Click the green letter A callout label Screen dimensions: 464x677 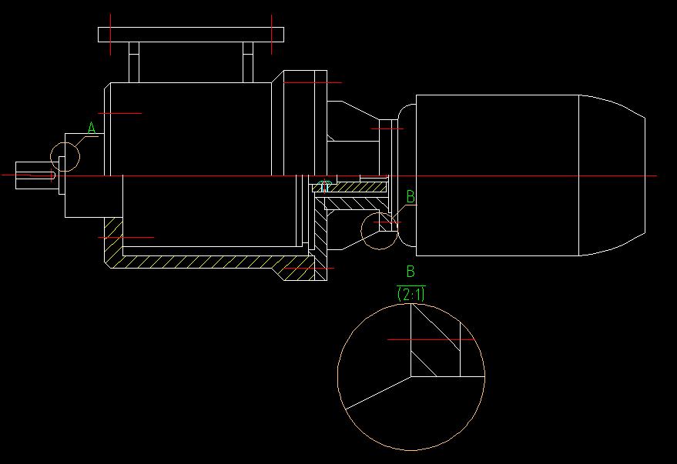pyautogui.click(x=91, y=128)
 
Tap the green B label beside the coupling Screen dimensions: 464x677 pyautogui.click(x=411, y=197)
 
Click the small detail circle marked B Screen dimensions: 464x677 pyautogui.click(x=380, y=231)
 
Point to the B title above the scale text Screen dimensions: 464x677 pyautogui.click(x=411, y=271)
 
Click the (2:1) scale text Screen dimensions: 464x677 pyautogui.click(x=411, y=293)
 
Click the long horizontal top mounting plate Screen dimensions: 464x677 pyautogui.click(x=191, y=35)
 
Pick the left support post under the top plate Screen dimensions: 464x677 pyautogui.click(x=134, y=62)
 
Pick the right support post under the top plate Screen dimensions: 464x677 pyautogui.click(x=248, y=62)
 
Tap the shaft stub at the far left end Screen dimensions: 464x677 pyautogui.click(x=35, y=175)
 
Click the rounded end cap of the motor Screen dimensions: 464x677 pyautogui.click(x=612, y=175)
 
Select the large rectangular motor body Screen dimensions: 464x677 pyautogui.click(x=497, y=175)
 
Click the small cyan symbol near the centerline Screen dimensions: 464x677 pyautogui.click(x=324, y=185)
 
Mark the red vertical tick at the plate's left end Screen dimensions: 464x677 pyautogui.click(x=111, y=35)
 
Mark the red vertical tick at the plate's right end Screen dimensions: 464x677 pyautogui.click(x=272, y=35)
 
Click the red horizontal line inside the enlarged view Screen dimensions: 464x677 pyautogui.click(x=430, y=339)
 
